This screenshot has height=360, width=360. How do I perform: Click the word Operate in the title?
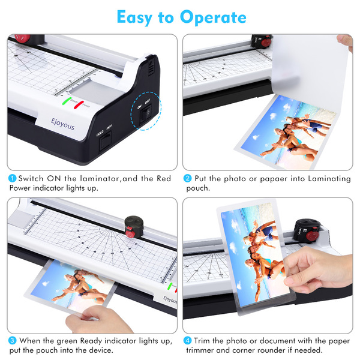coord(213,17)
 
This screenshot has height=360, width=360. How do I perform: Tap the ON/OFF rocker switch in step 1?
coord(146,114)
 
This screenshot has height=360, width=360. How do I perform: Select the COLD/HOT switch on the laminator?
coord(105,141)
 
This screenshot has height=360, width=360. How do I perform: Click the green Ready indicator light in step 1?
coord(67,101)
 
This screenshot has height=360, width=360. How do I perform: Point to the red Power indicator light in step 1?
coord(79,104)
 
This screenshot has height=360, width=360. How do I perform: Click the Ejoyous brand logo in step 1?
coord(62,124)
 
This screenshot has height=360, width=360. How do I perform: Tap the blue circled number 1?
coord(12,178)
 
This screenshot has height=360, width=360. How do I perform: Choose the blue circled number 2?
coord(187,178)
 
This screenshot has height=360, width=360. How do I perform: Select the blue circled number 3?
coord(12,340)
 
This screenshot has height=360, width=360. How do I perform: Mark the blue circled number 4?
coord(187,340)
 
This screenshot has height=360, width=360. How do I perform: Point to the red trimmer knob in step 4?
coord(312,236)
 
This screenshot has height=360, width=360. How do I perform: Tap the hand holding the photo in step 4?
coord(319,271)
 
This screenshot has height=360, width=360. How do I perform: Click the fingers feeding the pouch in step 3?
coord(97,318)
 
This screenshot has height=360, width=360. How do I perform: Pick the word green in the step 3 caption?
coord(67,341)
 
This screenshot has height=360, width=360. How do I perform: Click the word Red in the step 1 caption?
coord(164,178)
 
